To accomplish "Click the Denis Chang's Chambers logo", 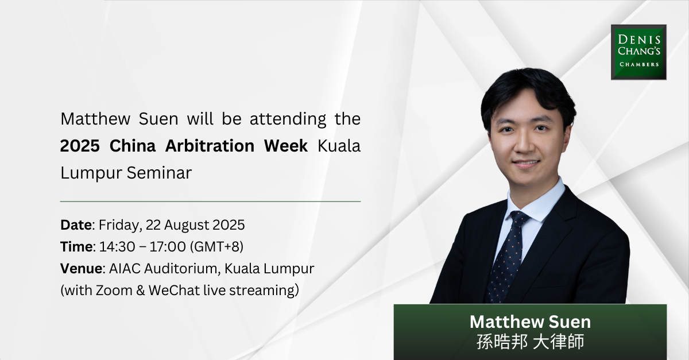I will tap(638, 52).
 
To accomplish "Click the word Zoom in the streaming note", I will tap(115, 290).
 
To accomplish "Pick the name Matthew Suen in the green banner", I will tap(529, 321).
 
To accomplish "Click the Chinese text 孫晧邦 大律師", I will tap(529, 342).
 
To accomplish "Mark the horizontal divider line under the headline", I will tap(210, 202).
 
